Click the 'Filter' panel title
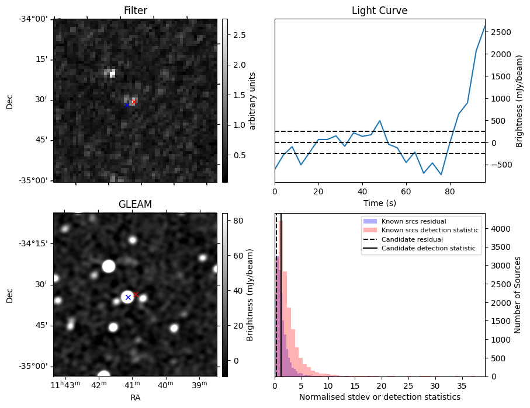tap(135, 11)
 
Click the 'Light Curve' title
tap(379, 11)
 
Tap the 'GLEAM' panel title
tap(135, 204)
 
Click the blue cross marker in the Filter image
tap(127, 105)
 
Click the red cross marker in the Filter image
tap(134, 102)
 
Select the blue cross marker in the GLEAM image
tap(128, 297)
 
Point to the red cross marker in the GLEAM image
tap(136, 294)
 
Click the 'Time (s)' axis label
tap(379, 202)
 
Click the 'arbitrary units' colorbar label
tap(252, 100)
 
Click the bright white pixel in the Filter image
tap(112, 74)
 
